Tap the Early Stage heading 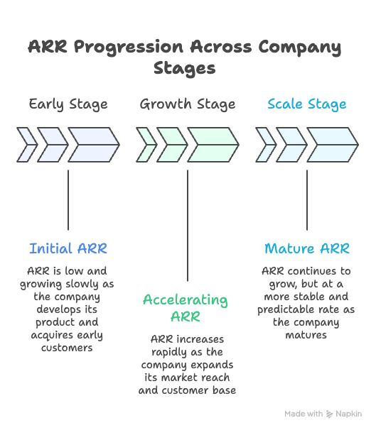tap(68, 104)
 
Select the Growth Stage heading tap(188, 104)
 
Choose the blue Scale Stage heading tap(307, 104)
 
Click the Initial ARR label tap(68, 248)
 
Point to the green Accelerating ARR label tap(186, 307)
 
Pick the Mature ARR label tap(307, 248)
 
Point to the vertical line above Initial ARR tap(68, 199)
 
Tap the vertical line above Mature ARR tap(307, 199)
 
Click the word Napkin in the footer tap(349, 414)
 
